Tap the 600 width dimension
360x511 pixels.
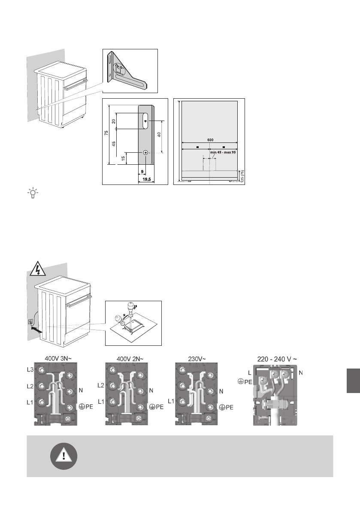point(210,139)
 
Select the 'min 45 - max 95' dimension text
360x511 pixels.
point(223,152)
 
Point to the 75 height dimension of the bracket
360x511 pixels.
point(106,134)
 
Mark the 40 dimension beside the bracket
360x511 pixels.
point(158,134)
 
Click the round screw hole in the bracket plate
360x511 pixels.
point(146,153)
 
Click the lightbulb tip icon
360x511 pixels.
point(32,193)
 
